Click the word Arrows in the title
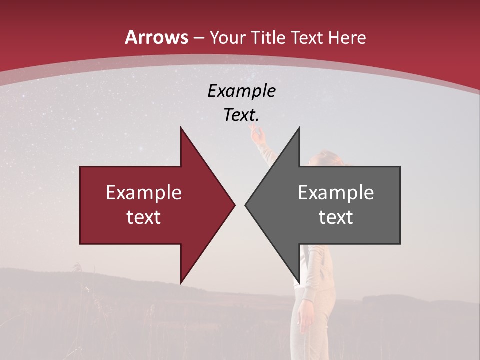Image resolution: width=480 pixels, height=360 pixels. (x=157, y=37)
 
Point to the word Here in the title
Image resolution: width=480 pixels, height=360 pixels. (x=347, y=38)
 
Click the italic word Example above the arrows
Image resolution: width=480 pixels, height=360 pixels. (x=241, y=91)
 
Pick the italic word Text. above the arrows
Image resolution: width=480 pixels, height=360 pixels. (x=241, y=115)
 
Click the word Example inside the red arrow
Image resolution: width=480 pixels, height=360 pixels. (x=144, y=193)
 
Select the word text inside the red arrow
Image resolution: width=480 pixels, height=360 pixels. (x=144, y=217)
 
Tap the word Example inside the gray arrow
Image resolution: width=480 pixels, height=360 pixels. (x=336, y=193)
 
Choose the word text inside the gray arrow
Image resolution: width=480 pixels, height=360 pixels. (x=336, y=217)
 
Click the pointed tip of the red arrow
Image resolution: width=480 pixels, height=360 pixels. (x=234, y=205)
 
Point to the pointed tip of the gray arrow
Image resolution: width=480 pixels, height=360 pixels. (x=246, y=205)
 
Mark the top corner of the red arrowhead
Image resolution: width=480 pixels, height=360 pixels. (x=181, y=128)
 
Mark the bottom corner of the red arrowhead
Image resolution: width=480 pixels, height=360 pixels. (x=181, y=283)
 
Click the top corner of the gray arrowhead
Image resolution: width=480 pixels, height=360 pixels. (x=299, y=128)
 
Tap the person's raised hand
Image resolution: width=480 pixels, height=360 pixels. (x=256, y=132)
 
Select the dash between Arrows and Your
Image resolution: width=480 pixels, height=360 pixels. (x=199, y=38)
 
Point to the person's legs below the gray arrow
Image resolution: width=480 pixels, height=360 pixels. (x=305, y=320)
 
